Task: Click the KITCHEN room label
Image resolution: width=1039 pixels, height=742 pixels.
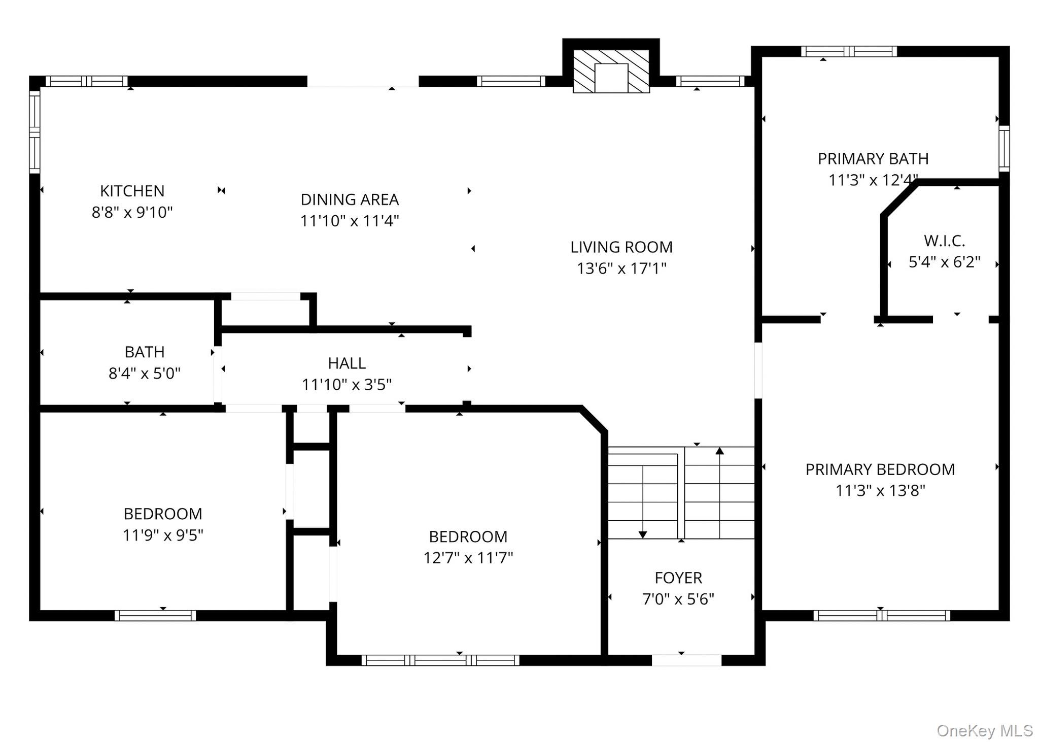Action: point(132,191)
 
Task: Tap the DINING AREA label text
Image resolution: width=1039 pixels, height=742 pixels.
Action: point(350,199)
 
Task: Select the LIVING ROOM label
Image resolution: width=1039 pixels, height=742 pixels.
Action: point(621,247)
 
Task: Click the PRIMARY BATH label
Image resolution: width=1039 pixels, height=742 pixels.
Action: point(873,159)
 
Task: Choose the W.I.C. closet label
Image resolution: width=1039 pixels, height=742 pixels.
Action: point(944,241)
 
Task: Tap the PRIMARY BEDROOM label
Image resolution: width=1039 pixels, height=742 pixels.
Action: point(880,469)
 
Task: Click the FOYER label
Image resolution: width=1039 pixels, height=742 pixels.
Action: point(678,578)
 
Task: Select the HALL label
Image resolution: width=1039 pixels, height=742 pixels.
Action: point(347,363)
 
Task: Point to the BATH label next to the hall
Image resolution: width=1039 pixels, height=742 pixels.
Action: point(145,352)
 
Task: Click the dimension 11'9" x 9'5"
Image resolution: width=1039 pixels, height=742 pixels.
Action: point(163,535)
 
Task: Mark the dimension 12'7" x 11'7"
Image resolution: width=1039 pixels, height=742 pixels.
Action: point(468,558)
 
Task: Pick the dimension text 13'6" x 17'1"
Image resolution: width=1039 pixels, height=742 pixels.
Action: point(621,268)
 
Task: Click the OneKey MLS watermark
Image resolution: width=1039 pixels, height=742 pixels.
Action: point(985,730)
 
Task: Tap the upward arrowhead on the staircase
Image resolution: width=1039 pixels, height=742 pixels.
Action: point(719,451)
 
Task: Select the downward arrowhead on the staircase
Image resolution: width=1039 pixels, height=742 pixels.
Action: point(643,534)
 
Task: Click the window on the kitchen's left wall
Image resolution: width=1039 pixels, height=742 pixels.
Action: point(34,131)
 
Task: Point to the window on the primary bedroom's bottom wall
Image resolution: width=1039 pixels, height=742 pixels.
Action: point(882,615)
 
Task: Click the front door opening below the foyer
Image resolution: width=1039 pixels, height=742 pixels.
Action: point(686,660)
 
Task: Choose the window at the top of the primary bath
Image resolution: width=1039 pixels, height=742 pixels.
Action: point(849,51)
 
